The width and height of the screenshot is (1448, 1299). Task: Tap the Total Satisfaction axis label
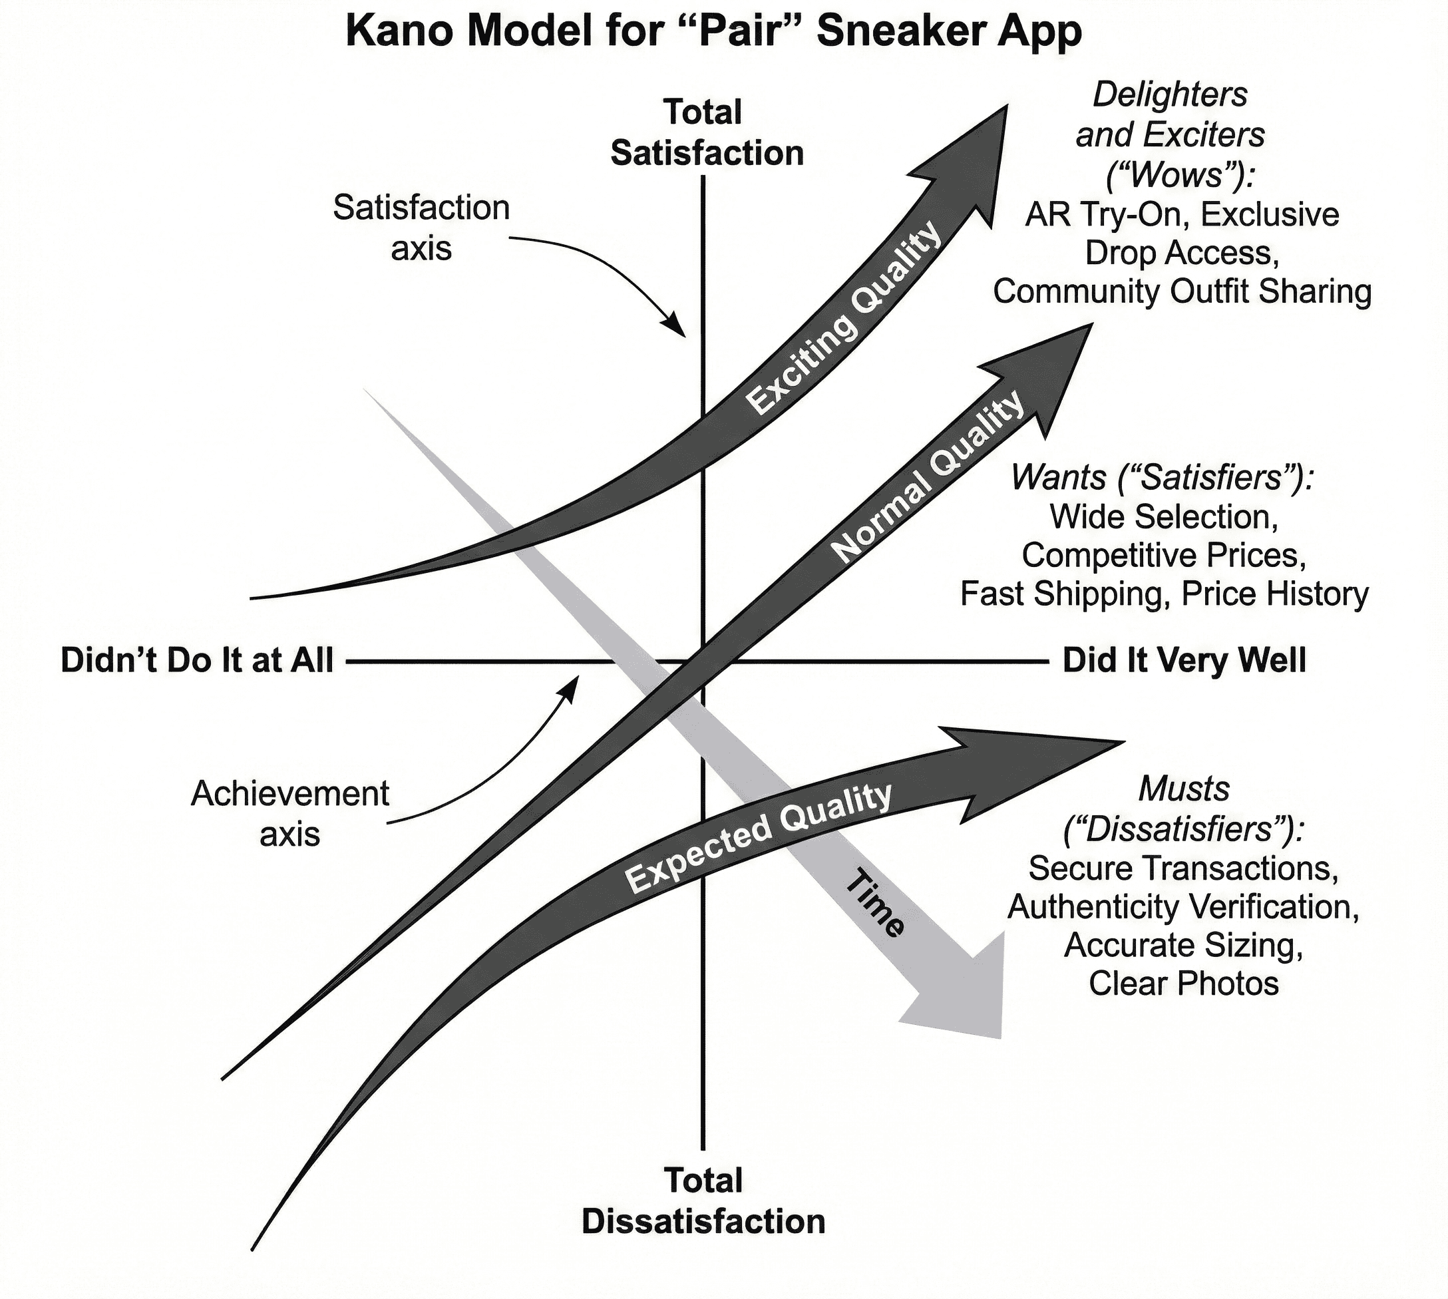(706, 134)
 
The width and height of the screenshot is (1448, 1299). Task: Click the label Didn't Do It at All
(197, 661)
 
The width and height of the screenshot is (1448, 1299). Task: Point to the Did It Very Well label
(1184, 661)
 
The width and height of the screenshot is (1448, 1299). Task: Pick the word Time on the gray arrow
(876, 903)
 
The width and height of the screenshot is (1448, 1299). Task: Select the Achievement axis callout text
(289, 814)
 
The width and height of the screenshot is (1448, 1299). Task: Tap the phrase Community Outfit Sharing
(1182, 292)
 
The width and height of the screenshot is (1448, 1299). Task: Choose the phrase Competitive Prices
(1164, 555)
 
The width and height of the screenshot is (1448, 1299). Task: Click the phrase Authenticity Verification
(1183, 907)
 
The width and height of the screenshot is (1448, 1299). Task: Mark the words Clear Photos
(1183, 984)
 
